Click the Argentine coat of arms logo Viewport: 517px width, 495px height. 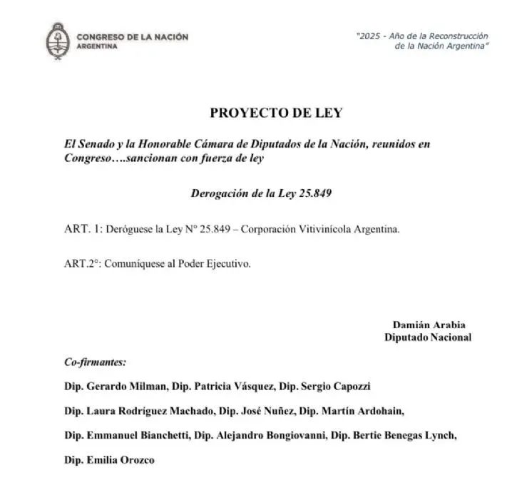(x=57, y=39)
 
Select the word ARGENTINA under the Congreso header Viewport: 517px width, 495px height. (x=98, y=44)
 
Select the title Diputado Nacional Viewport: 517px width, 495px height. (x=428, y=337)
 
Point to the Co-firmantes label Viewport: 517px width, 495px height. (x=95, y=362)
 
